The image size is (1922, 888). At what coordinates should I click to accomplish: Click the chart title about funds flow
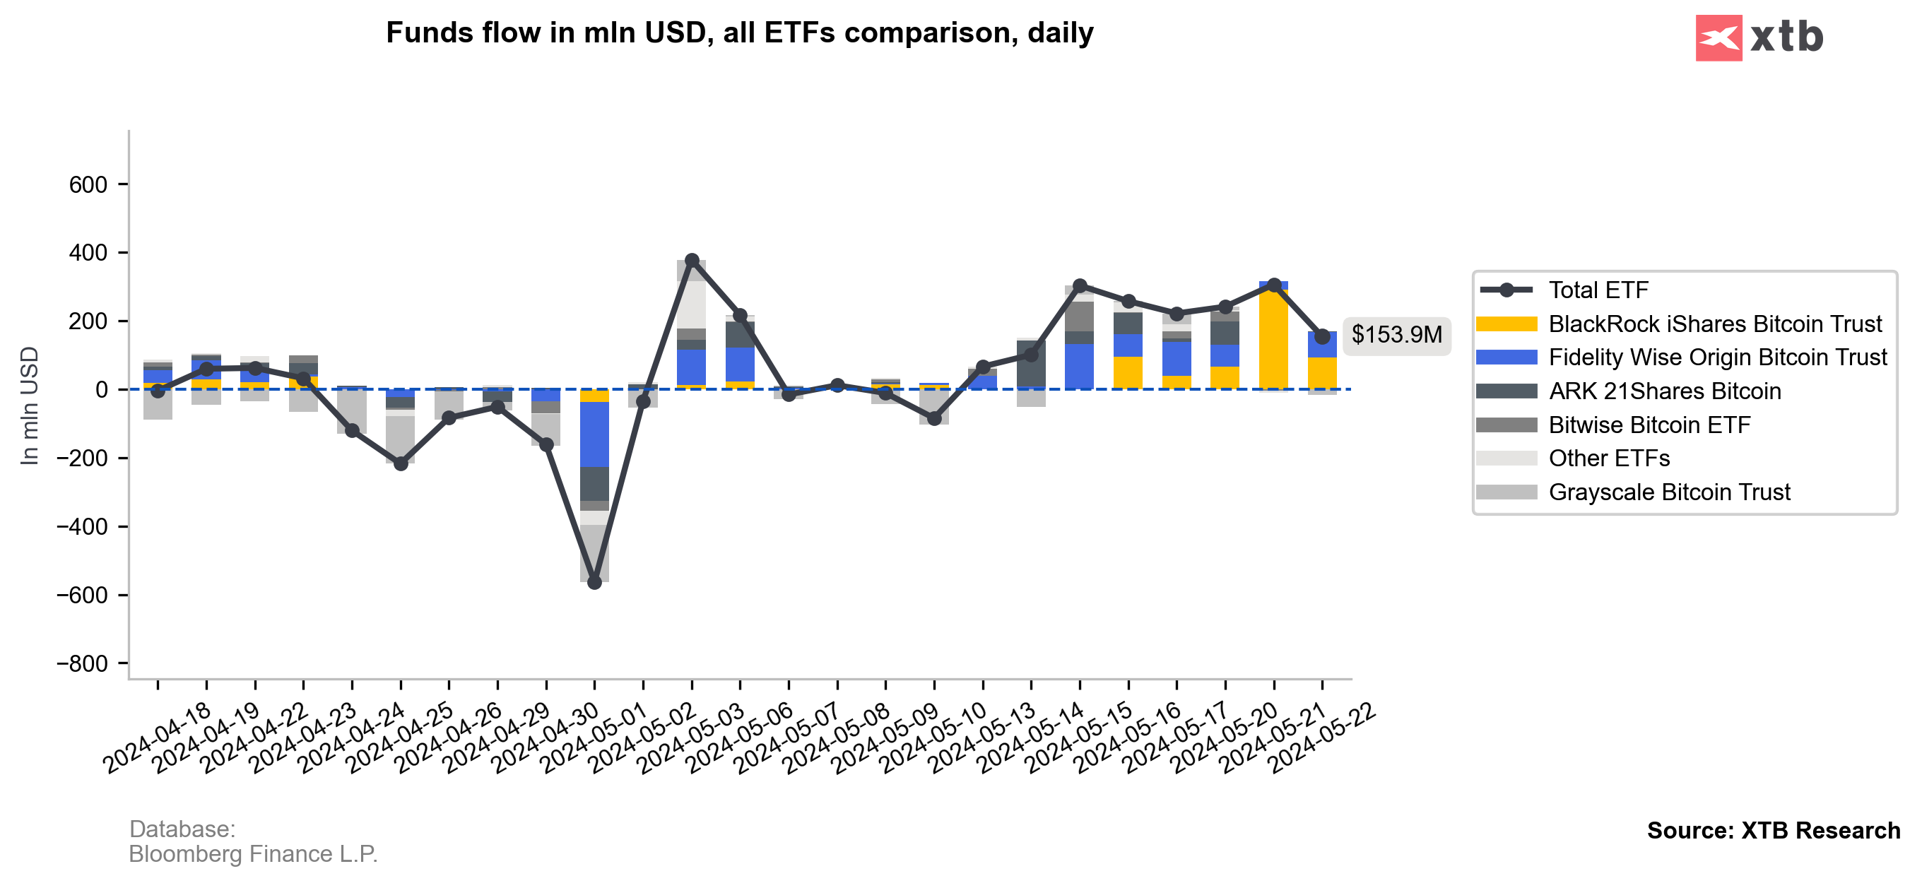coord(738,32)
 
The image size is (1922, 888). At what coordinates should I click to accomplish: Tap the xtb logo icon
coord(1718,37)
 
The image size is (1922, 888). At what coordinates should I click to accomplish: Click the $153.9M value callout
coord(1396,335)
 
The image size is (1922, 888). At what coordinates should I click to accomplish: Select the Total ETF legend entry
coord(1598,290)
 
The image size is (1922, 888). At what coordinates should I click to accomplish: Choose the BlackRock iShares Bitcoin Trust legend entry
coord(1714,324)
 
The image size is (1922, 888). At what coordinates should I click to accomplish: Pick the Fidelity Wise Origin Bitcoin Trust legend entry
coord(1717,357)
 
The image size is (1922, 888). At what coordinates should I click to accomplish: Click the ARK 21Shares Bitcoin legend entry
coord(1664,391)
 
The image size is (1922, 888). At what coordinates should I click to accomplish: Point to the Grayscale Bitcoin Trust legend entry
coord(1668,492)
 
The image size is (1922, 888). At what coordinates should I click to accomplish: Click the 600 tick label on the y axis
coord(88,184)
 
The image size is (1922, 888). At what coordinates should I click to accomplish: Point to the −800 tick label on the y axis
coord(82,663)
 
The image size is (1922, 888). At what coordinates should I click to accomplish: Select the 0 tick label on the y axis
coord(102,389)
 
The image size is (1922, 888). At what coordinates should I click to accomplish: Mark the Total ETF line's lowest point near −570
coord(595,582)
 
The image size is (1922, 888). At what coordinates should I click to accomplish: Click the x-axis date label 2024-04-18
coord(158,738)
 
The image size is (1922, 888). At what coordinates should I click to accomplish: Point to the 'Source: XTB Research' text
coord(1773,831)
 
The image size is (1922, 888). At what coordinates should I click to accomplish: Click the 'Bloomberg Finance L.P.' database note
coord(253,853)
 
